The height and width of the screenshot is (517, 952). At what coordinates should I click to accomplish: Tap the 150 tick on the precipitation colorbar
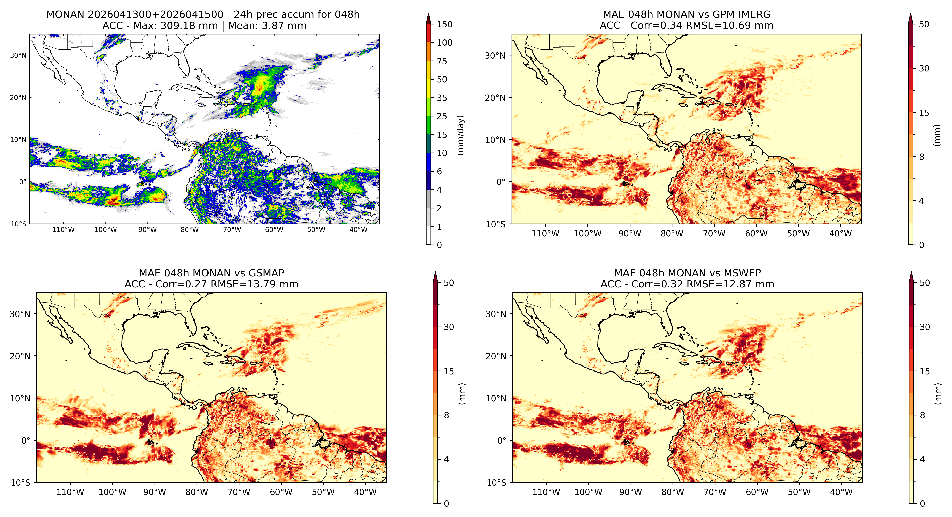[x=444, y=24]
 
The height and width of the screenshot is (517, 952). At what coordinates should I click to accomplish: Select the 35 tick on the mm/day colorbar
[x=442, y=98]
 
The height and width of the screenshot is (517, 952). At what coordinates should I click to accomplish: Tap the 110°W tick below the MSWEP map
[x=546, y=492]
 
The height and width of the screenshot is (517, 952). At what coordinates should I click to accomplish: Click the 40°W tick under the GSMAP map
[x=365, y=492]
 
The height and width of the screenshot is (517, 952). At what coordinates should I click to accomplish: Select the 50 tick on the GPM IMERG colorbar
[x=924, y=24]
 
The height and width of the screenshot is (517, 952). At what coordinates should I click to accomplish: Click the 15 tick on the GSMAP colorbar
[x=449, y=371]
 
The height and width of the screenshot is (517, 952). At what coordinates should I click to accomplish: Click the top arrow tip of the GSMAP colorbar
[x=435, y=272]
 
